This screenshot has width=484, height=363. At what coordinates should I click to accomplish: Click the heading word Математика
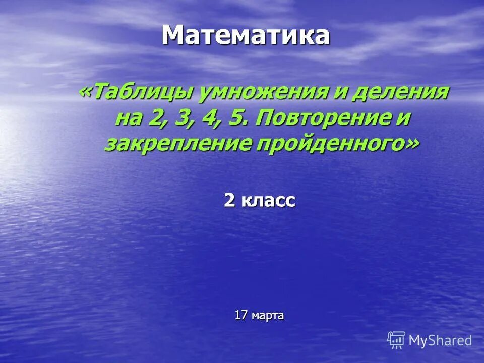coord(246,35)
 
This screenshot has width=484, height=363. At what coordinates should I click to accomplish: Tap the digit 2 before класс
coord(229,201)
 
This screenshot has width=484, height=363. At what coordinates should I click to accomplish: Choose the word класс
coord(268,201)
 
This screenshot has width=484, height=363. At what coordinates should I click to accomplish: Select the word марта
coord(268,316)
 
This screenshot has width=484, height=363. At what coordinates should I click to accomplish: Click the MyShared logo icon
coord(396,340)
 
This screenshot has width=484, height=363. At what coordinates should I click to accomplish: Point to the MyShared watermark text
coord(440,341)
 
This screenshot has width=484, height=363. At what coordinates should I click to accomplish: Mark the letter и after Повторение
coord(403,119)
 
